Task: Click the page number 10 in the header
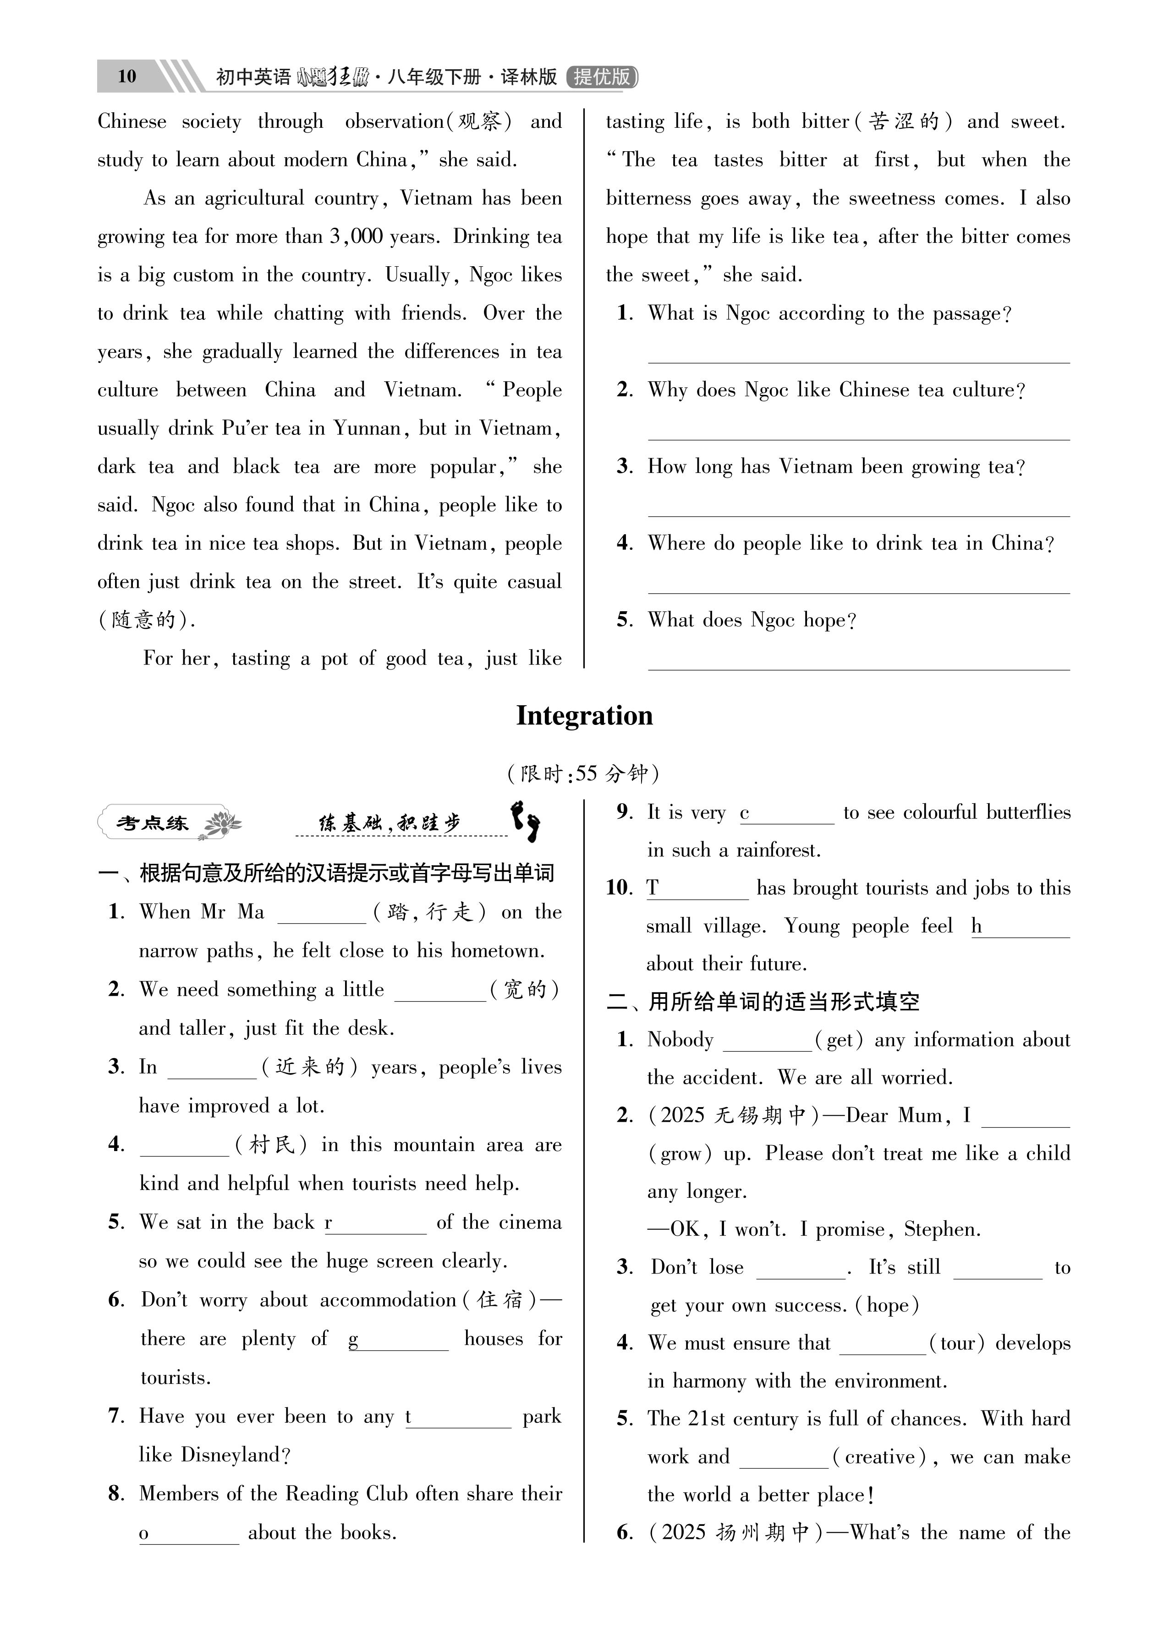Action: tap(126, 76)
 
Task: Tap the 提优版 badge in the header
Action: tap(602, 76)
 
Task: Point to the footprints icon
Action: tap(526, 822)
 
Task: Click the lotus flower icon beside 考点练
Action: tap(222, 824)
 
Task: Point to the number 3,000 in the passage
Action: tap(357, 236)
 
